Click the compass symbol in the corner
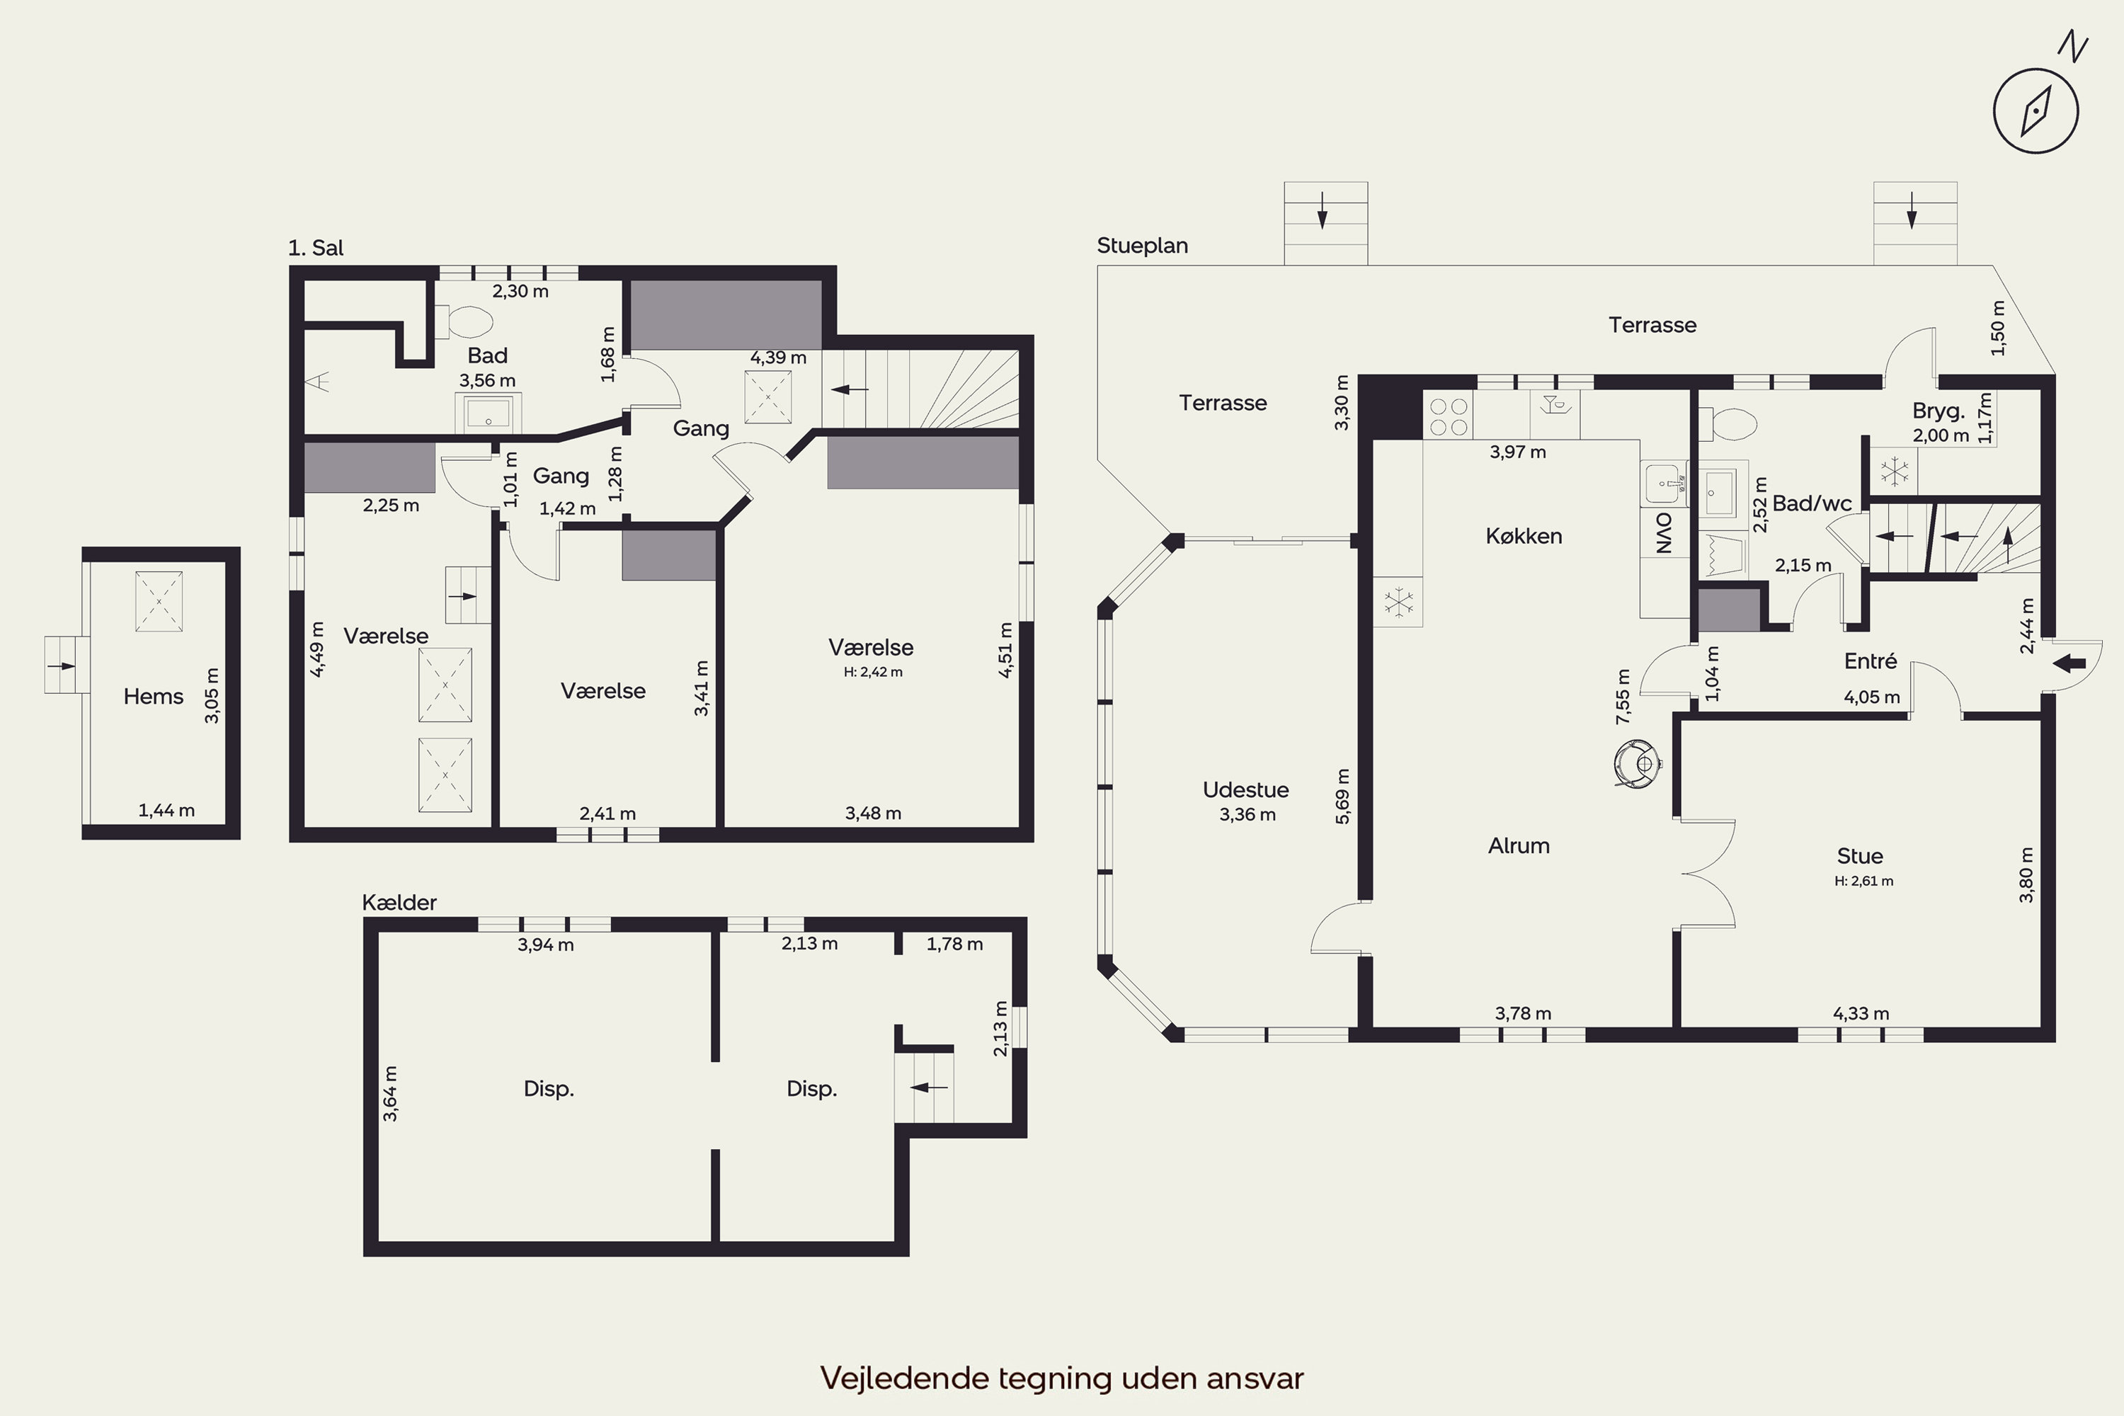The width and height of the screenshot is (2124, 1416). [x=2035, y=112]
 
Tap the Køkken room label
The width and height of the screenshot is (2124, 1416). [x=1524, y=535]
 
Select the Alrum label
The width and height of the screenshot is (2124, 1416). [x=1518, y=845]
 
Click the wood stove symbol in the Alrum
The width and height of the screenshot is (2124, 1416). [x=1637, y=763]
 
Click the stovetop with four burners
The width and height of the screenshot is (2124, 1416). [x=1448, y=416]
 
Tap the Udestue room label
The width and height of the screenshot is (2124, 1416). [x=1245, y=789]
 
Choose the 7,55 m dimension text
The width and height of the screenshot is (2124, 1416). [x=1623, y=696]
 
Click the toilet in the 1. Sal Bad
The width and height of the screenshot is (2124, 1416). [x=464, y=321]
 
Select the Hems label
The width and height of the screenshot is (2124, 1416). [x=154, y=696]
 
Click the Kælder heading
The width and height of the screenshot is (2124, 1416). [x=399, y=902]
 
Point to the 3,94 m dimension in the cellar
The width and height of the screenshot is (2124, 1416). [x=545, y=944]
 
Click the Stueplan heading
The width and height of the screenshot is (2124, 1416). [x=1143, y=246]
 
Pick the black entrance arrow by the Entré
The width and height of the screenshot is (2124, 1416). [x=2069, y=664]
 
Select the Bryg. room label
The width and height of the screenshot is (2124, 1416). [x=1938, y=411]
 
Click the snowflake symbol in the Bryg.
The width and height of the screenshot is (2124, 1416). [x=1892, y=471]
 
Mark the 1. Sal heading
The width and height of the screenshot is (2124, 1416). [x=315, y=247]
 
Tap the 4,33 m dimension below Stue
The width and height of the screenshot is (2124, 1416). [x=1861, y=1013]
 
